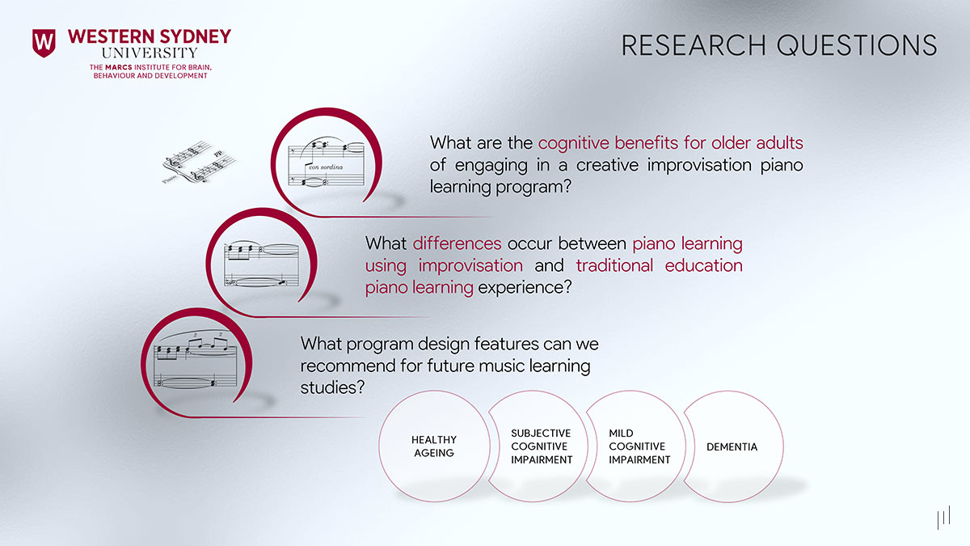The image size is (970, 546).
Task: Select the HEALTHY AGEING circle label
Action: (434, 447)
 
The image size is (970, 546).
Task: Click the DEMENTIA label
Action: (732, 447)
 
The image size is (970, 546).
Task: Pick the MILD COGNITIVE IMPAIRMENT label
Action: (639, 447)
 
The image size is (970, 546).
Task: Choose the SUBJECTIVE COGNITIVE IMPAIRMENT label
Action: (541, 447)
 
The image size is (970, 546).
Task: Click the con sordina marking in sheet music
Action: (326, 167)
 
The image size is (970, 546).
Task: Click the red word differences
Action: (457, 243)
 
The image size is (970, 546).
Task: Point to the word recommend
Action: (347, 366)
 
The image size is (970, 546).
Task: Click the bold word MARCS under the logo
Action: (117, 66)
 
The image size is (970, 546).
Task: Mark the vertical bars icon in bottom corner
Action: (943, 518)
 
